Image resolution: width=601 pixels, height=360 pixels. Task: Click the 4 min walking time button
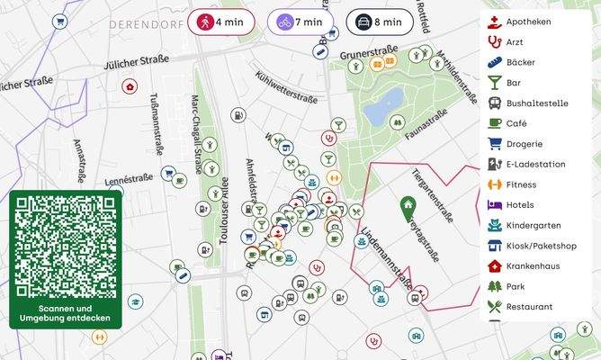click(x=220, y=22)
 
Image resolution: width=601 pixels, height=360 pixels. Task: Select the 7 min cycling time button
click(x=300, y=22)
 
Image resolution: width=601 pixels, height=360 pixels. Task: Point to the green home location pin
click(x=408, y=208)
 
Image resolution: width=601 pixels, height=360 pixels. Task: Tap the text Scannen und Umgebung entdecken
click(x=64, y=313)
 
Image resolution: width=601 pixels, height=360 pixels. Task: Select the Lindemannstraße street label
click(x=385, y=258)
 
